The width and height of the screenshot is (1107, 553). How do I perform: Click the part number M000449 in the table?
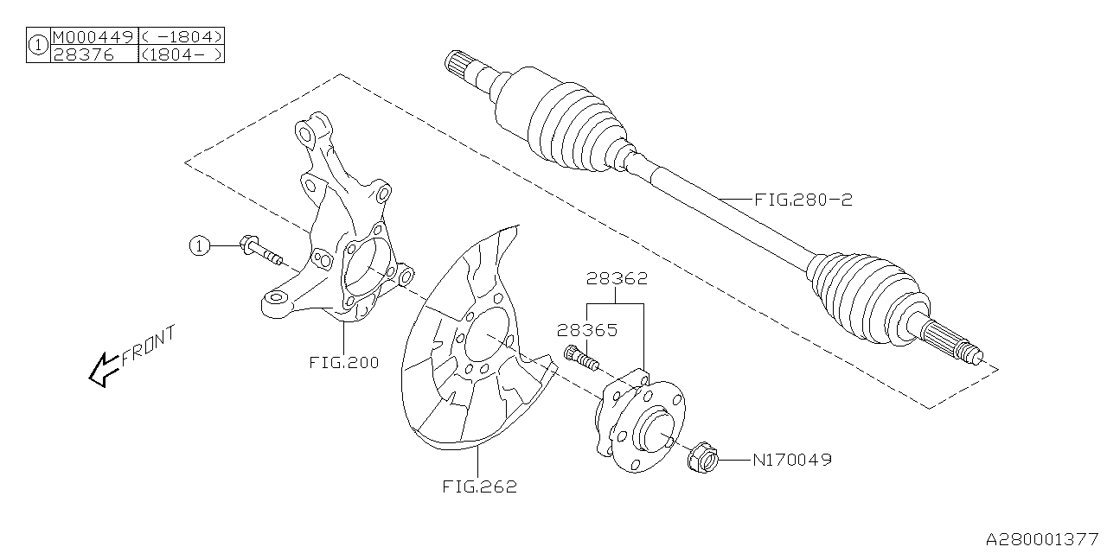tap(93, 36)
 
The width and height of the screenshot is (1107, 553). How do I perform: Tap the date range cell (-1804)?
tap(182, 36)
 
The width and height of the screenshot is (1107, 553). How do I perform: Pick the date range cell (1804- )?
tap(182, 54)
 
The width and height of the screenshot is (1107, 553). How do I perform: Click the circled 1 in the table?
tap(38, 45)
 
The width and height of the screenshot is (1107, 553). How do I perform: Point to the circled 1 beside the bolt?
tap(200, 246)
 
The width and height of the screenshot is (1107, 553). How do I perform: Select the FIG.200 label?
tap(343, 363)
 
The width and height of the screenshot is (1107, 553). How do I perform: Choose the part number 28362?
tap(616, 279)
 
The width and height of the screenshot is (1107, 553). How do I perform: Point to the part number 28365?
tap(586, 329)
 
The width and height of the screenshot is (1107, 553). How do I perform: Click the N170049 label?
tap(791, 461)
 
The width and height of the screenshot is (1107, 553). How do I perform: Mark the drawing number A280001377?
tap(1043, 538)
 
